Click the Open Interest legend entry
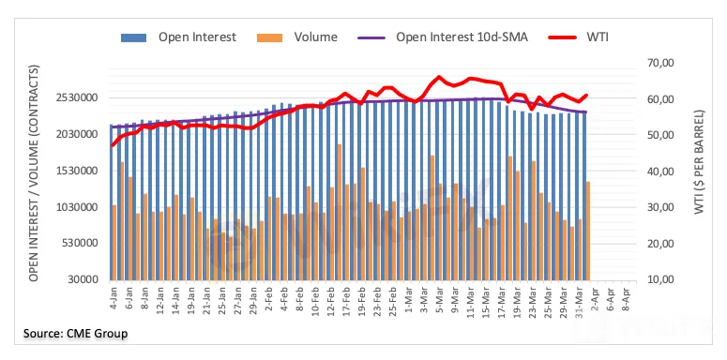tap(178, 37)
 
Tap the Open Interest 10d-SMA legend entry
tap(443, 37)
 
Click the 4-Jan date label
tap(114, 295)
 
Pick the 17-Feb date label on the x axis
tap(346, 296)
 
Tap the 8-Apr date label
tap(627, 295)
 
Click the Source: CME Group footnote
tap(76, 333)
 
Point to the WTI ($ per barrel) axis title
tap(699, 161)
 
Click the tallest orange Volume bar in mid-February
tap(340, 212)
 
